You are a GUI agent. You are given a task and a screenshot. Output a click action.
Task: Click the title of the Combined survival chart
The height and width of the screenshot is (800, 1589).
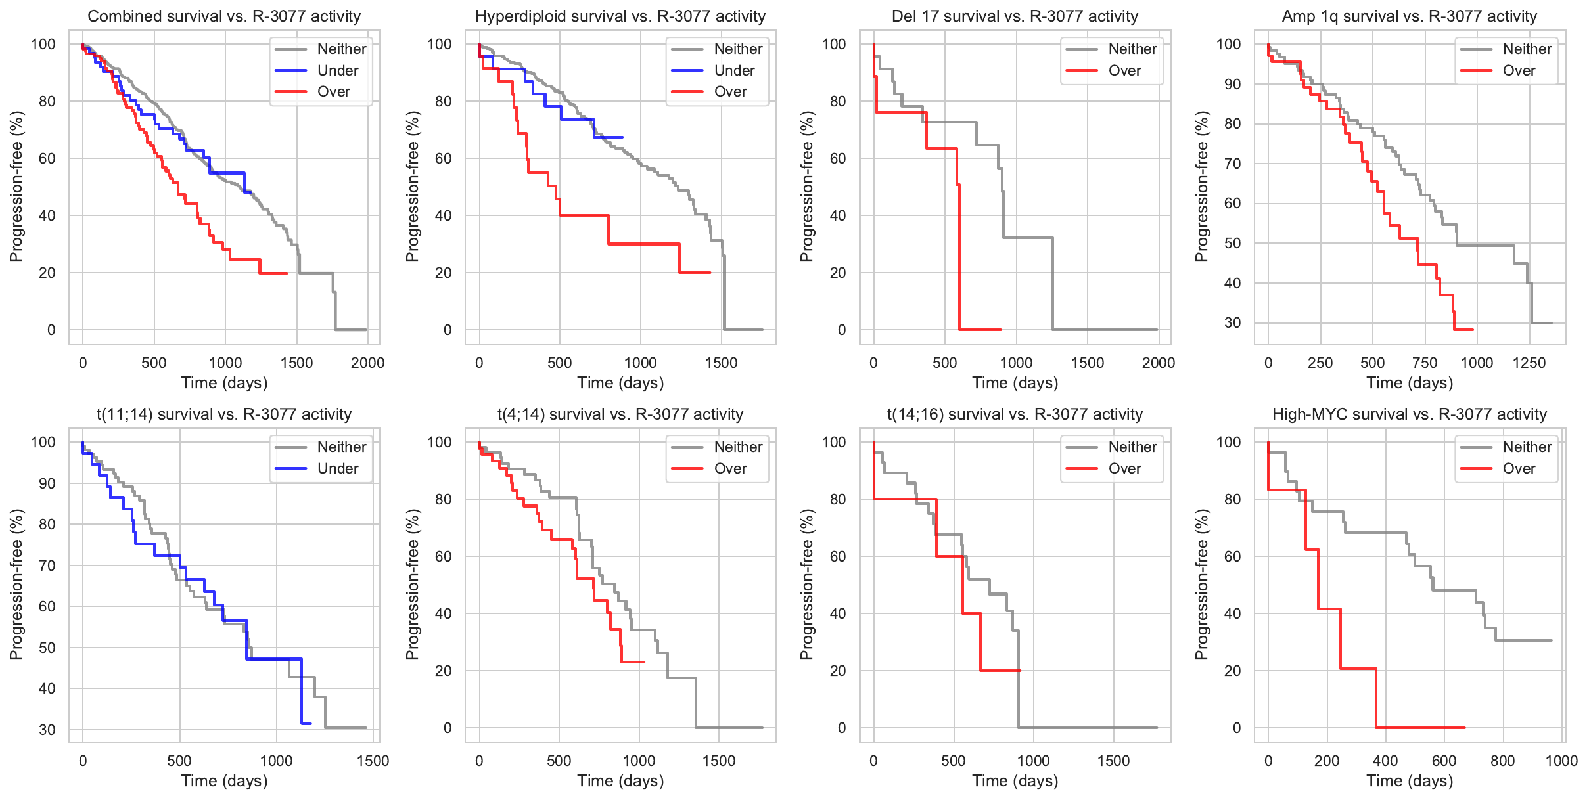[224, 16]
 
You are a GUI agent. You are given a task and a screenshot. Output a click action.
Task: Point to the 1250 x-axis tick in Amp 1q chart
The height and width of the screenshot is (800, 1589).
[1529, 363]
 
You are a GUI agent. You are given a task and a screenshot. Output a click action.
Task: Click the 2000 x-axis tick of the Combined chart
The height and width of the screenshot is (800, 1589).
[367, 363]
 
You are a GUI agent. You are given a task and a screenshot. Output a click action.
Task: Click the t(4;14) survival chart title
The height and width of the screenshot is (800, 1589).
[620, 414]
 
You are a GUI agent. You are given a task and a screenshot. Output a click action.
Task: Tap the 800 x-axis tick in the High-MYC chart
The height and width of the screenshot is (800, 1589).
[1502, 761]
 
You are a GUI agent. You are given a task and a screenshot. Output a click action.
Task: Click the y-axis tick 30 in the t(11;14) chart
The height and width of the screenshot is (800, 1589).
[47, 730]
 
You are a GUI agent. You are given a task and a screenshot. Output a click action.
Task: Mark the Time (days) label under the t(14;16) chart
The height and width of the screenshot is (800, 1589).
[1015, 781]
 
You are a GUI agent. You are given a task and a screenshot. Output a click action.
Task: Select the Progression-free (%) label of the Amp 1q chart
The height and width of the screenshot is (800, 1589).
[1202, 187]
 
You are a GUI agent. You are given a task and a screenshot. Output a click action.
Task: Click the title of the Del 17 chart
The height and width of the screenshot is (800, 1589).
[1015, 16]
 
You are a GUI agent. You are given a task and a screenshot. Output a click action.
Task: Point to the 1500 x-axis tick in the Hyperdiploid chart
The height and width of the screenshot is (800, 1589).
[721, 363]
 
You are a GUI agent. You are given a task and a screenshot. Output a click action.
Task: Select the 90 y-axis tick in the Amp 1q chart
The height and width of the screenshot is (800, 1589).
[1232, 84]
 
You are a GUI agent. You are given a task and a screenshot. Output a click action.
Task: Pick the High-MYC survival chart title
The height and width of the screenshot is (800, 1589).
[1410, 414]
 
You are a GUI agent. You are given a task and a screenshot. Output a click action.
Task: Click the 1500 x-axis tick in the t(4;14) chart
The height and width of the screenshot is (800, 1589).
[718, 761]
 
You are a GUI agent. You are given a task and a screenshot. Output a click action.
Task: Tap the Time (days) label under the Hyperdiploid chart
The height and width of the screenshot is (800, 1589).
[620, 383]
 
